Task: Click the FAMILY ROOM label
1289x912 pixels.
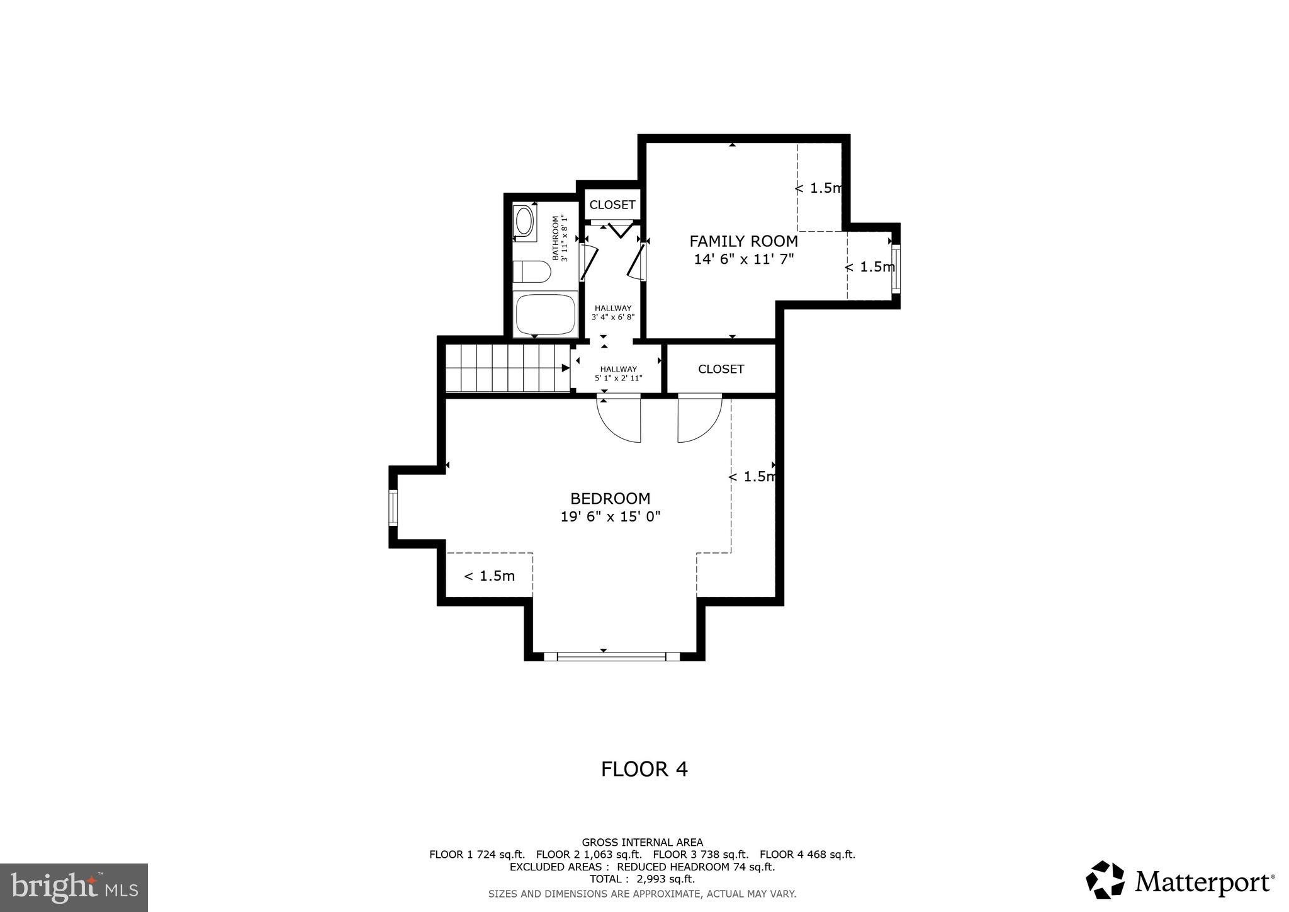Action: [743, 241]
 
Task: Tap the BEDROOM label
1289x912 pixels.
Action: [610, 499]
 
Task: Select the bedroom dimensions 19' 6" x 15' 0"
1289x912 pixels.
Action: [610, 517]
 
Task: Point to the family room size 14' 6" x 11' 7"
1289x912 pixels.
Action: [743, 259]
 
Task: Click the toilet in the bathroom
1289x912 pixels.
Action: [532, 272]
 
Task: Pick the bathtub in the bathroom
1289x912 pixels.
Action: [546, 314]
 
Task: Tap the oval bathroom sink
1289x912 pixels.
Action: [524, 222]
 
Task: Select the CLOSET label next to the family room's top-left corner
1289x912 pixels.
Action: [612, 205]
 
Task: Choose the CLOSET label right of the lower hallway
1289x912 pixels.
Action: [721, 369]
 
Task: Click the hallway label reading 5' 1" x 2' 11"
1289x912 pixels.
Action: [618, 374]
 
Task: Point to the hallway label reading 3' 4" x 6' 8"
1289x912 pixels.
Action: [612, 313]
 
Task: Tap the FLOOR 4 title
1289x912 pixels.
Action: [644, 769]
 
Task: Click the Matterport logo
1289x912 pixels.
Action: [1179, 880]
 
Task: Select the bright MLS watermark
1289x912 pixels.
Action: [74, 887]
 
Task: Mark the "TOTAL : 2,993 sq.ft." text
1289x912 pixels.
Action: [642, 879]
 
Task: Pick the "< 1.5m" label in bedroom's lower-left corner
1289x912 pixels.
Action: [489, 576]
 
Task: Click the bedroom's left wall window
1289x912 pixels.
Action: [393, 508]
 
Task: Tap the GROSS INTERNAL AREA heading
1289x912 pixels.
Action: [642, 842]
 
